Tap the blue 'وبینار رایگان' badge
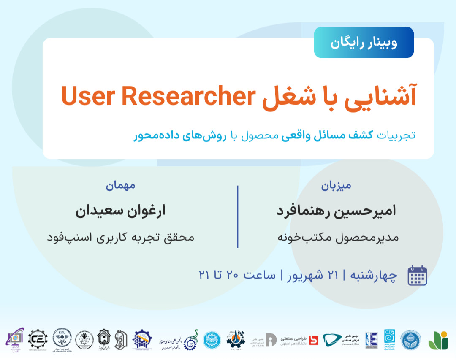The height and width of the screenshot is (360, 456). (364, 42)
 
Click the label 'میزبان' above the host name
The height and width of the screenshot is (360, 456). (336, 185)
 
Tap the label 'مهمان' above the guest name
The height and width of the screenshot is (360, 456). (120, 185)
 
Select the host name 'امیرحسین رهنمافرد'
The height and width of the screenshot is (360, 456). (336, 211)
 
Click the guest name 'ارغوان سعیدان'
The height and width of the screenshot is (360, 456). (120, 211)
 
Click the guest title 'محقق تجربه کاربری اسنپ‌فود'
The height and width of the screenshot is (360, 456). (120, 237)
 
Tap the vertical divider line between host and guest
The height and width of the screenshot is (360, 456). (237, 216)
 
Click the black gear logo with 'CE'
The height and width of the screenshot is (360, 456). (38, 339)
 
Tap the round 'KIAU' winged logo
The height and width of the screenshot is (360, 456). (62, 339)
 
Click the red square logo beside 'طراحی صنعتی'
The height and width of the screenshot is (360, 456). (313, 340)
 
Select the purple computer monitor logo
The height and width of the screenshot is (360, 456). (15, 339)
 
